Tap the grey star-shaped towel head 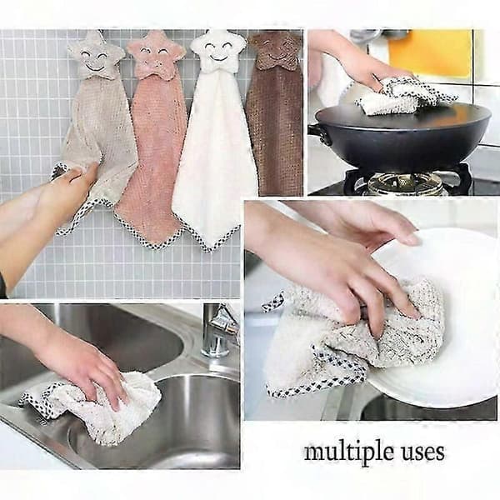click(96, 55)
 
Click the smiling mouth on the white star click(218, 57)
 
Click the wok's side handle click(317, 133)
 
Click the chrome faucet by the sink click(218, 332)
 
